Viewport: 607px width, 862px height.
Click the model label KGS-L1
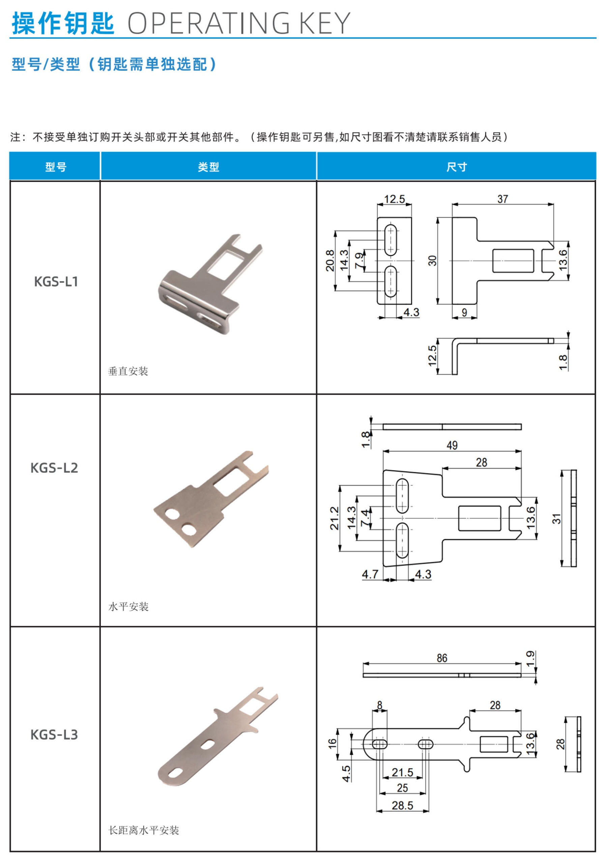[x=56, y=281]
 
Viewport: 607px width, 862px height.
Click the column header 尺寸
[x=456, y=167]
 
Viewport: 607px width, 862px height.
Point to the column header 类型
[x=208, y=167]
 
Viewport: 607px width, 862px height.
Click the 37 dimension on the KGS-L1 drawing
[x=502, y=199]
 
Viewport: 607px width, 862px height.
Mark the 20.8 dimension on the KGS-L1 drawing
[x=330, y=261]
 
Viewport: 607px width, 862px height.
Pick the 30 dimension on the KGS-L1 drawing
[x=432, y=261]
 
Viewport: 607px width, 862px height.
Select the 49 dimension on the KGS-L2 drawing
[x=452, y=445]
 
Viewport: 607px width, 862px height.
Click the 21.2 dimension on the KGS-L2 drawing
[x=334, y=518]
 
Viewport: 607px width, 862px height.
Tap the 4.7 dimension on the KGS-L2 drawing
[x=370, y=574]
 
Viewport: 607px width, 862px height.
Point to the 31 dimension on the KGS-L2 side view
[x=556, y=519]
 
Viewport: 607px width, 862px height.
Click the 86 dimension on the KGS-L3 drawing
[x=442, y=658]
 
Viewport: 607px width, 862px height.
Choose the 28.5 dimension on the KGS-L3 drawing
[x=402, y=805]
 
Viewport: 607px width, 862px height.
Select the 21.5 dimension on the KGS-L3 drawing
[x=402, y=772]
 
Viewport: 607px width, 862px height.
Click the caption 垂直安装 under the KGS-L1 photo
[x=128, y=371]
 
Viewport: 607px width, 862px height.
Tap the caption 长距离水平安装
[x=143, y=830]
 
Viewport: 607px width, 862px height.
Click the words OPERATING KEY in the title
[x=239, y=23]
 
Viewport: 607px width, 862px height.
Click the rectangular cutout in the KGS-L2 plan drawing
[x=480, y=518]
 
